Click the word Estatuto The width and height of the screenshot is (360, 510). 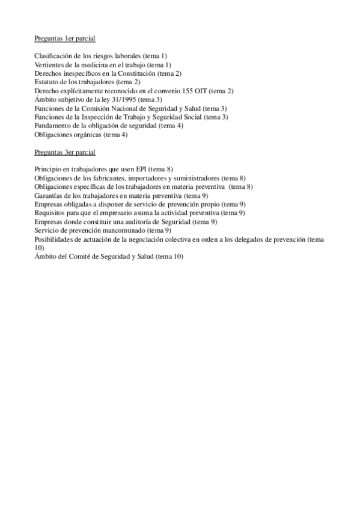46,82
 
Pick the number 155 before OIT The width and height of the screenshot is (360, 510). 189,91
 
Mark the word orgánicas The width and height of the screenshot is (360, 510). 87,135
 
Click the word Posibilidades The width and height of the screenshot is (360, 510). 54,239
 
